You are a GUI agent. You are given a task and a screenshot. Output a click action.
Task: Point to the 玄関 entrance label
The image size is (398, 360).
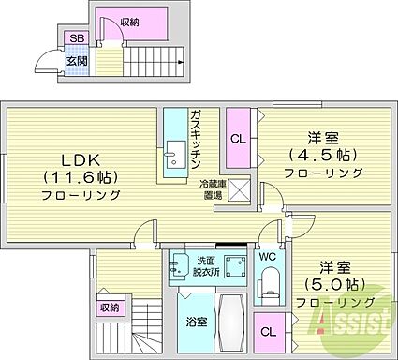(x=77, y=62)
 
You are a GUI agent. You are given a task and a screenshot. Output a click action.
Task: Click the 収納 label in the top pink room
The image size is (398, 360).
(x=132, y=21)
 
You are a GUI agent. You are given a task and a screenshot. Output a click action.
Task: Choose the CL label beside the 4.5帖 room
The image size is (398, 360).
(x=238, y=136)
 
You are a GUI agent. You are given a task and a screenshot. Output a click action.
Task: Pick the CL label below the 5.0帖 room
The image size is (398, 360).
(x=269, y=331)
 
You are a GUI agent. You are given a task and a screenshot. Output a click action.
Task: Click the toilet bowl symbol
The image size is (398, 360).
(x=268, y=278)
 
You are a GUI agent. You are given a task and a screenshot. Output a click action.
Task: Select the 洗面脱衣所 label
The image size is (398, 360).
(x=204, y=266)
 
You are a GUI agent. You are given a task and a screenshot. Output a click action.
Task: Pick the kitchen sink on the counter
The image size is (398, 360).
(x=174, y=154)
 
